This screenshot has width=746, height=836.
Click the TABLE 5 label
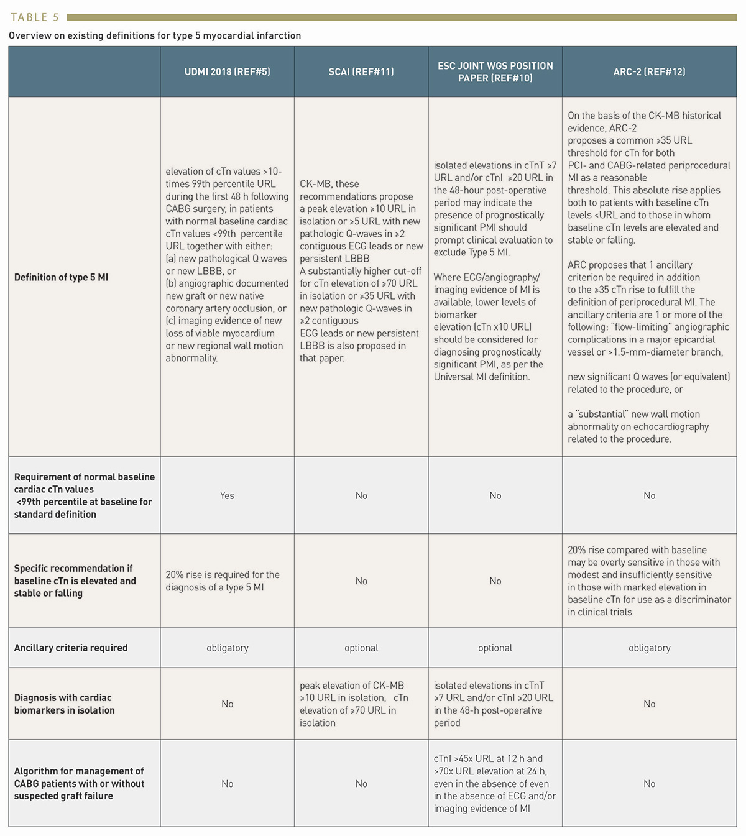[35, 17]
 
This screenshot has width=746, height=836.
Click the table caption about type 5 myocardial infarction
[155, 35]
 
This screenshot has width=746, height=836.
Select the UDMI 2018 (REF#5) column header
[227, 71]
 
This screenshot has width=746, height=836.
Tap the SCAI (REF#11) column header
[361, 71]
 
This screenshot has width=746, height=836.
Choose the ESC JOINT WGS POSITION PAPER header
[495, 71]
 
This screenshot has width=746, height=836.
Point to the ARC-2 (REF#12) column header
[649, 71]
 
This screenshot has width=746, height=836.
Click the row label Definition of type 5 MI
[61, 277]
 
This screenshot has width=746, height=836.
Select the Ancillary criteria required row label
[71, 648]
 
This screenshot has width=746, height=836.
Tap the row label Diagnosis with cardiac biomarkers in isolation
[65, 704]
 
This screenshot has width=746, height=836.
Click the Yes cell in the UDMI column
[227, 495]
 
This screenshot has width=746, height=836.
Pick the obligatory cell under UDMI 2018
[227, 648]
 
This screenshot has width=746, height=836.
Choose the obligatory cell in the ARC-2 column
[649, 648]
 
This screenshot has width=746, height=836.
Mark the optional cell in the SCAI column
[361, 648]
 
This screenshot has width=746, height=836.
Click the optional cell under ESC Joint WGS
[495, 648]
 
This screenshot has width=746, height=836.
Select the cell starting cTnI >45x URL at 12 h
[495, 783]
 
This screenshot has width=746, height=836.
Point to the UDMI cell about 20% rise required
[223, 581]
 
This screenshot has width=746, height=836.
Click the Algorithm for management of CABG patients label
[79, 783]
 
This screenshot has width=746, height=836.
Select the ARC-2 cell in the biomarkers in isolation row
[649, 704]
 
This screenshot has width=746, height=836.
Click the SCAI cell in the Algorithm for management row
[361, 784]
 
